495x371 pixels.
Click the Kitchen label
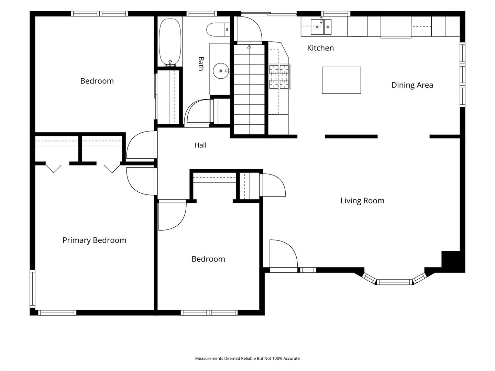pyautogui.click(x=320, y=48)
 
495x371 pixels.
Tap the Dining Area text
pyautogui.click(x=412, y=85)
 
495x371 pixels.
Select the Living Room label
pyautogui.click(x=362, y=201)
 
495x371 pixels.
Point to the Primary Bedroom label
pyautogui.click(x=94, y=240)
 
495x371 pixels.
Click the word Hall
pyautogui.click(x=200, y=145)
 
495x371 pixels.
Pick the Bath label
pyautogui.click(x=201, y=64)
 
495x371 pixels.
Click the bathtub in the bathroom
pyautogui.click(x=170, y=42)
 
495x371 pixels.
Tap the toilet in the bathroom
pyautogui.click(x=218, y=29)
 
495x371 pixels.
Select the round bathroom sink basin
pyautogui.click(x=221, y=71)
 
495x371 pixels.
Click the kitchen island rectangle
pyautogui.click(x=341, y=80)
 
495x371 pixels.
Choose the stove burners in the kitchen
pyautogui.click(x=279, y=77)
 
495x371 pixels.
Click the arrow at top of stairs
pyautogui.click(x=249, y=47)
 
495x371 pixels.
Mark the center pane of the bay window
pyautogui.click(x=394, y=282)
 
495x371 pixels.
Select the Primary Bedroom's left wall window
pyautogui.click(x=32, y=289)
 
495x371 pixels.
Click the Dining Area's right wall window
pyautogui.click(x=463, y=75)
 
